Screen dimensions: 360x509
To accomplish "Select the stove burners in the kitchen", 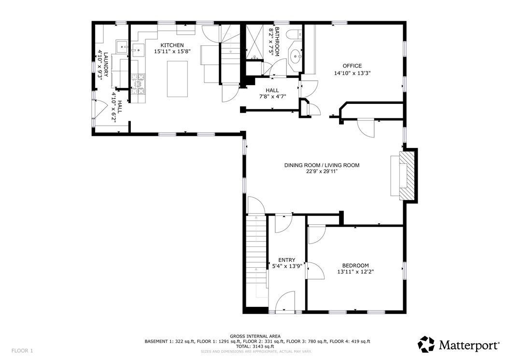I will (138, 82).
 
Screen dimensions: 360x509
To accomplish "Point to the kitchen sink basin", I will (138, 49).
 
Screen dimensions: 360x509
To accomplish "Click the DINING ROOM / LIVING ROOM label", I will (321, 165).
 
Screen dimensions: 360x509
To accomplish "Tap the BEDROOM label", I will (355, 265).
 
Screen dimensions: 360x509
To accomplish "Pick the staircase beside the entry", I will (256, 261).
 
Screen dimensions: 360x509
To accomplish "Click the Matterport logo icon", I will (425, 345).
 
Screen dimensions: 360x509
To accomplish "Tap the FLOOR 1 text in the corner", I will (22, 351).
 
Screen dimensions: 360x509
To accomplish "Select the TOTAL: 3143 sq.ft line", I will (254, 346).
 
